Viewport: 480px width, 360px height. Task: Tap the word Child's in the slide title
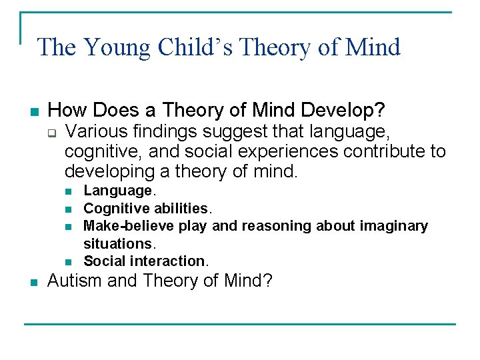click(x=195, y=47)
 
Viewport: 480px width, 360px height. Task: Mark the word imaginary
click(x=394, y=226)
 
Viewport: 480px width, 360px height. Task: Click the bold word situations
click(x=117, y=243)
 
